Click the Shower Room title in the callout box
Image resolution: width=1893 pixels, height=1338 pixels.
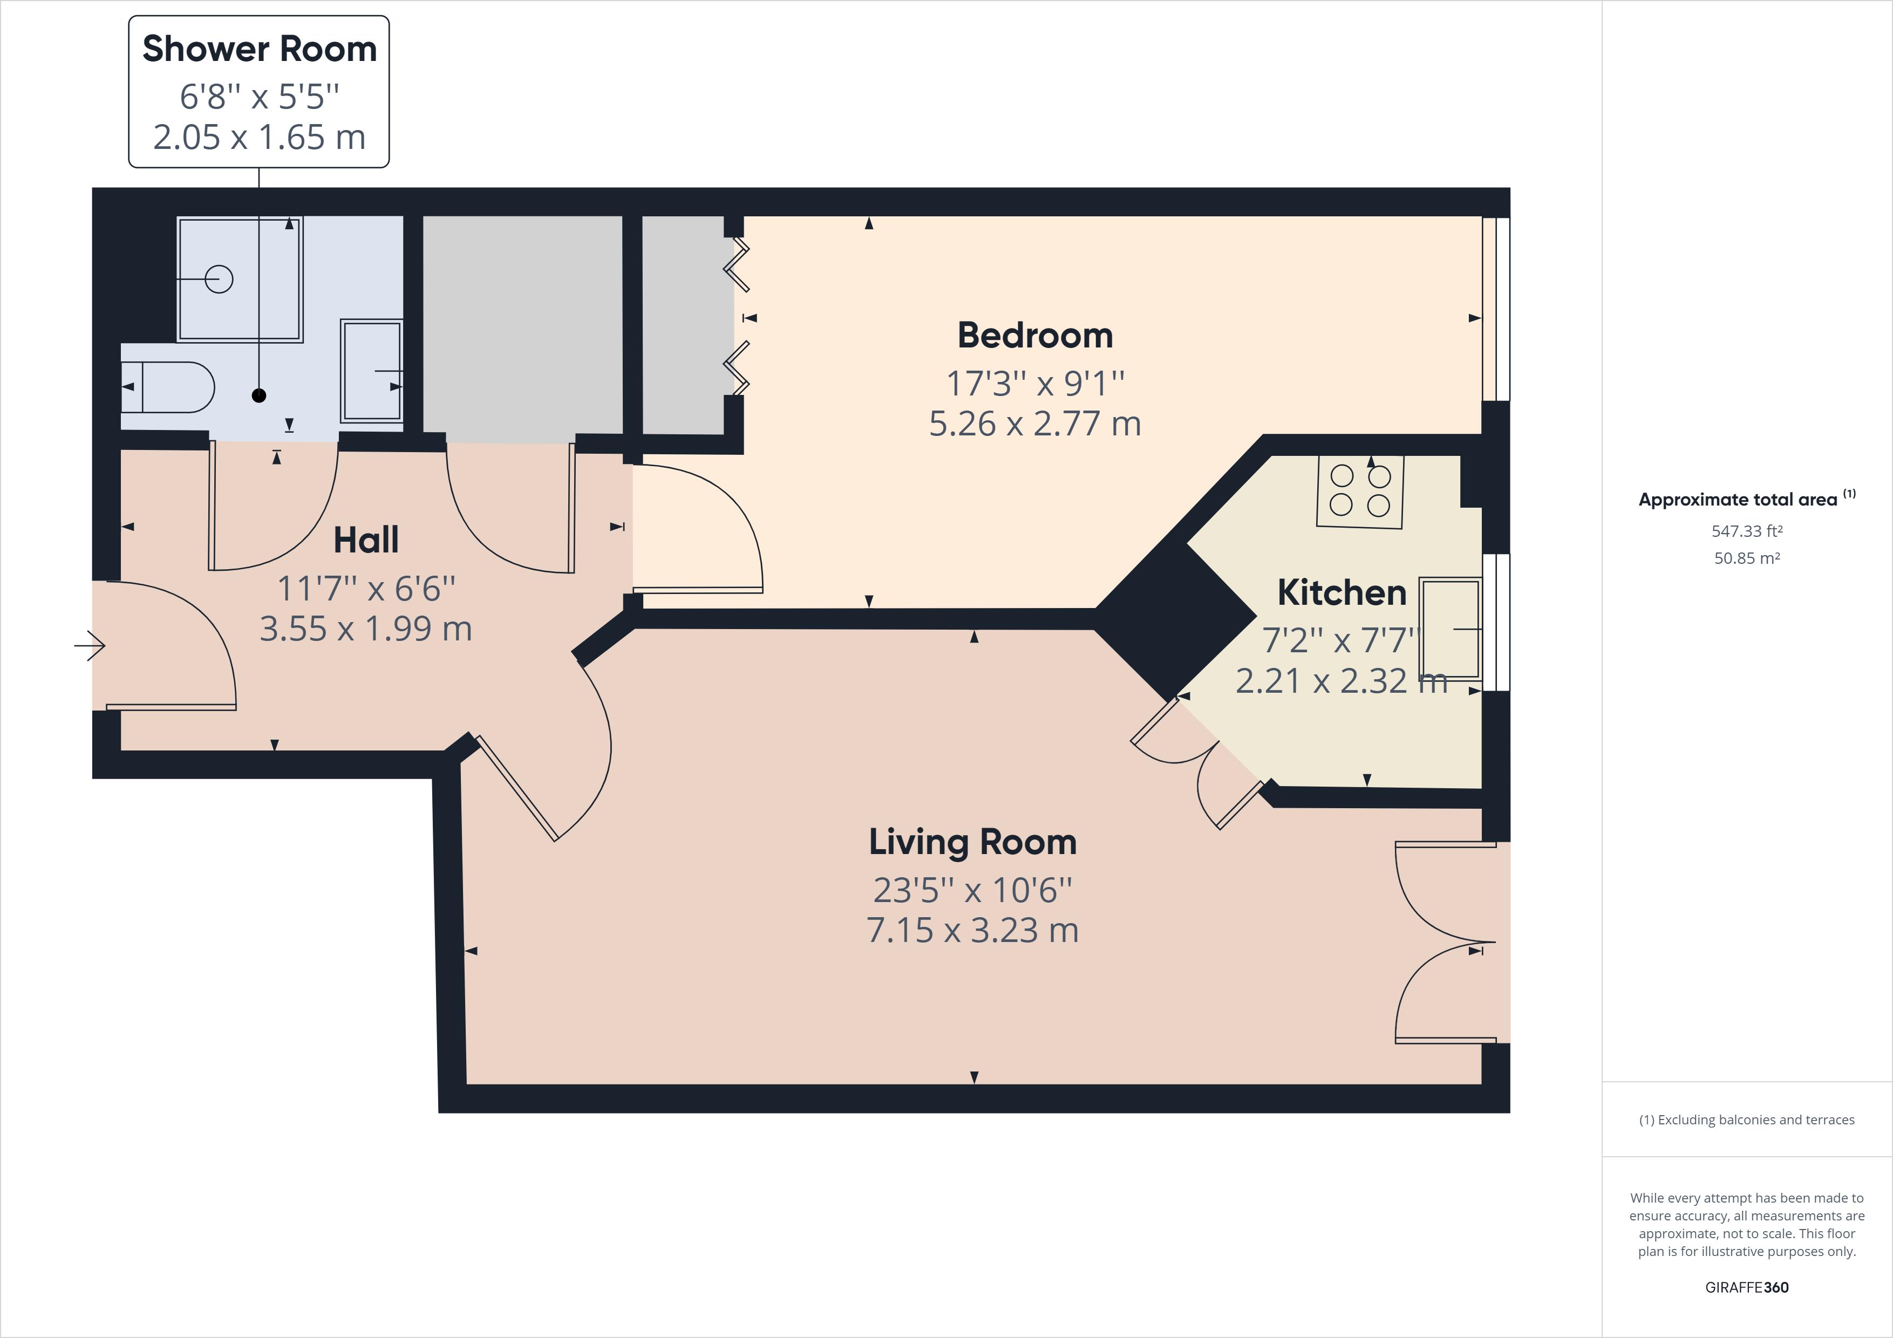coord(259,50)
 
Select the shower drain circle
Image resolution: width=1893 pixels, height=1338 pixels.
coord(219,279)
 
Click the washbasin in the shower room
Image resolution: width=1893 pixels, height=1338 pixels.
coord(372,371)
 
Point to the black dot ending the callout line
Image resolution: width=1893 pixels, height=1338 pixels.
coord(259,395)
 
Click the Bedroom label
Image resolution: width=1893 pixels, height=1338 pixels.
coord(1034,336)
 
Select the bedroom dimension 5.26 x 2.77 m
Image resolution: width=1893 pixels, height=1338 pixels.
coord(1034,424)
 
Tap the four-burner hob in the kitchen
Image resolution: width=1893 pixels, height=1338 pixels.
coord(1359,491)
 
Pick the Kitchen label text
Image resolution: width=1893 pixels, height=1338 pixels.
coord(1342,593)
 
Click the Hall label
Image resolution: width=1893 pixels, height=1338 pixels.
coord(366,541)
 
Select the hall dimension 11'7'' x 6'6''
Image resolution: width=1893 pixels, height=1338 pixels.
coord(366,589)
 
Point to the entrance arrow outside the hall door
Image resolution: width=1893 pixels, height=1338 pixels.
coord(90,645)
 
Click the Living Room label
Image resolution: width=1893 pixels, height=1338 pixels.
coord(973,842)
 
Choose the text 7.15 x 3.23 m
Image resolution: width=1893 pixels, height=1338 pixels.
coord(973,930)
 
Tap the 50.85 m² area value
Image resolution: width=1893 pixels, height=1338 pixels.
coord(1746,558)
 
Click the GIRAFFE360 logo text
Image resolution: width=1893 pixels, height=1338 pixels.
coord(1746,1287)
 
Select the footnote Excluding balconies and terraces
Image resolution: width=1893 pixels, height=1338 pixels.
coord(1746,1119)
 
